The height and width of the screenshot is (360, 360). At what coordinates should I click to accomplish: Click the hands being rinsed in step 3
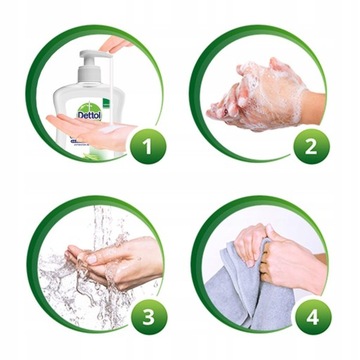(115, 262)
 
